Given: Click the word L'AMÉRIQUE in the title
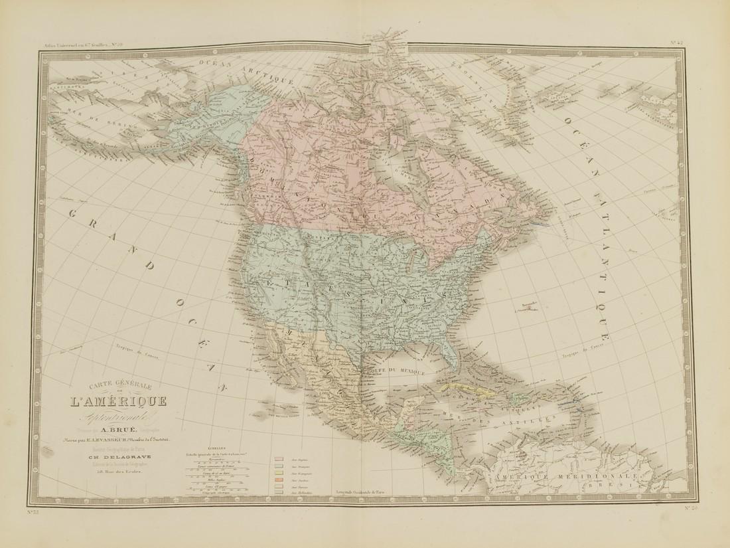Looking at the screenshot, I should tap(117, 402).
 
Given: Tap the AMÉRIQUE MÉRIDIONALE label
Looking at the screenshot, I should tap(561, 478).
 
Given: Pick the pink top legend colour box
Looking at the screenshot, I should tap(278, 458).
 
